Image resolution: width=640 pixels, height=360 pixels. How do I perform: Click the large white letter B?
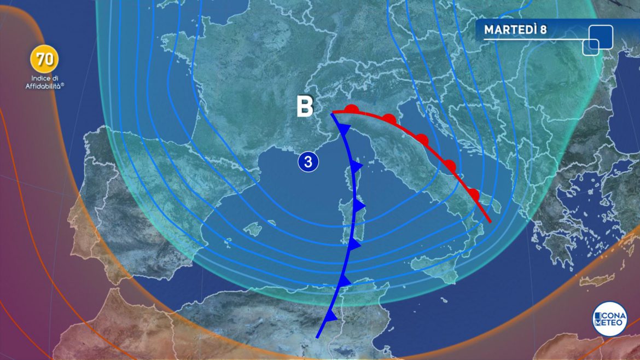click(305, 107)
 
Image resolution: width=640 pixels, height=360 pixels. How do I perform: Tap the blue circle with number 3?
click(309, 162)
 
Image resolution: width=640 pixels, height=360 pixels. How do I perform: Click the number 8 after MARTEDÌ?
click(543, 30)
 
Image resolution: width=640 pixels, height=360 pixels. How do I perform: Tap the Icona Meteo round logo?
click(609, 320)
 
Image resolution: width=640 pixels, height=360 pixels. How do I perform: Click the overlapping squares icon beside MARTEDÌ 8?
click(597, 40)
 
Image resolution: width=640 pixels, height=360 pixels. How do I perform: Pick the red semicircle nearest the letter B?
click(351, 109)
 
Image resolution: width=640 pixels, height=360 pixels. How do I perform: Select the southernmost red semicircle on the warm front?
click(474, 195)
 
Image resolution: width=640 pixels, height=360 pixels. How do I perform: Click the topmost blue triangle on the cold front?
click(344, 130)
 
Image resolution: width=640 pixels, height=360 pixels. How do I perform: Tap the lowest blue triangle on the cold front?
click(330, 316)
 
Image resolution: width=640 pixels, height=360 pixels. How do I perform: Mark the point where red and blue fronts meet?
click(332, 113)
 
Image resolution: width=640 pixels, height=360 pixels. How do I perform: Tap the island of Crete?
click(596, 282)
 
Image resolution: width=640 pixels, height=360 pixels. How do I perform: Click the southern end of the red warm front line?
click(490, 222)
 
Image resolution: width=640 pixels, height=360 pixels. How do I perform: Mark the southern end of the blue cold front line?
click(317, 337)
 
